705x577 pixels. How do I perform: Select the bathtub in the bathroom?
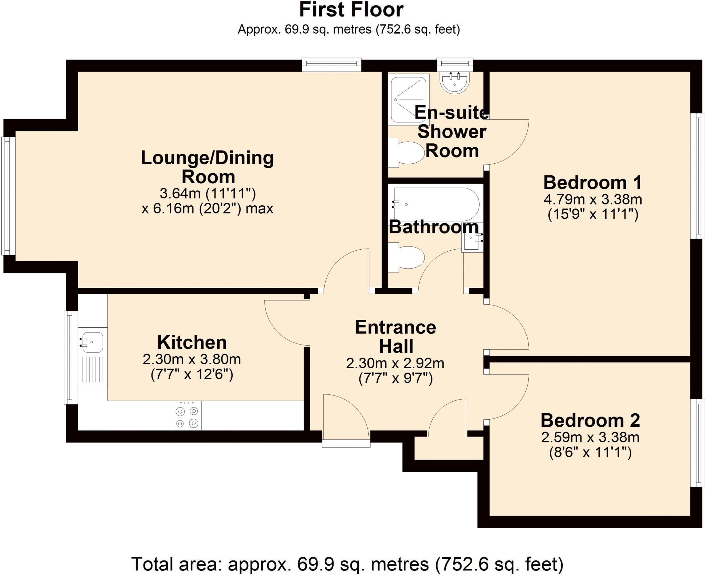click(436, 204)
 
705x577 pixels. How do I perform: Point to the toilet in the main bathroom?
click(407, 257)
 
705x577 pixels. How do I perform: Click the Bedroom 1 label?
click(592, 182)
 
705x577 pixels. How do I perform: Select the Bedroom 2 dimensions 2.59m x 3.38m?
click(590, 438)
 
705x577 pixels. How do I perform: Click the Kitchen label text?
click(192, 342)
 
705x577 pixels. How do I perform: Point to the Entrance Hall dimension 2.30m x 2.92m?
click(395, 363)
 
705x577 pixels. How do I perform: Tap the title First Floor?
click(351, 10)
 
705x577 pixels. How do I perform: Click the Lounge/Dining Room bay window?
click(8, 196)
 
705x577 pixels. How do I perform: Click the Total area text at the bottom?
click(347, 564)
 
